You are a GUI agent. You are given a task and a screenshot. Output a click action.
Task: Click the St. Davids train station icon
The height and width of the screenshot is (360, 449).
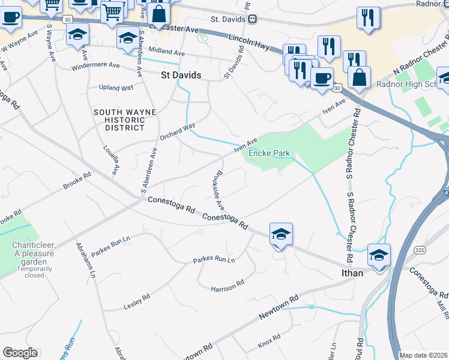pyautogui.click(x=253, y=19)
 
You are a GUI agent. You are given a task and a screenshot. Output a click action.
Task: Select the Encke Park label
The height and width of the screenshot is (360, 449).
pyautogui.click(x=270, y=154)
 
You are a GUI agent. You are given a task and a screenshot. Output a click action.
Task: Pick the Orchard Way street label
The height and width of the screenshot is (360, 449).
pyautogui.click(x=178, y=132)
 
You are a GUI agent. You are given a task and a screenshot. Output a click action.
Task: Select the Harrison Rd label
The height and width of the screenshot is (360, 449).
pyautogui.click(x=228, y=289)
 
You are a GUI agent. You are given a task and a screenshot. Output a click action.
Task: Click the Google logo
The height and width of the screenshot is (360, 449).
pyautogui.click(x=20, y=353)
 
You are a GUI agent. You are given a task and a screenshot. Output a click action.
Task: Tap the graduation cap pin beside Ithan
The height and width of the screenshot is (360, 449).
pyautogui.click(x=379, y=256)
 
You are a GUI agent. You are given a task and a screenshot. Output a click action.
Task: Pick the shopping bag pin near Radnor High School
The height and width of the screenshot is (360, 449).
pyautogui.click(x=359, y=79)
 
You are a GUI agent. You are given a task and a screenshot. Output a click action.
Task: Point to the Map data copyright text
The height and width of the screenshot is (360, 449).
pyautogui.click(x=423, y=355)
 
